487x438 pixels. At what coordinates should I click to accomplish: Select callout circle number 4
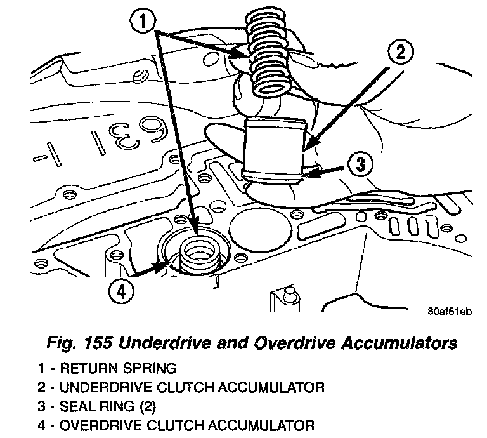point(122,291)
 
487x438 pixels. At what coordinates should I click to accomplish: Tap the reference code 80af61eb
point(450,311)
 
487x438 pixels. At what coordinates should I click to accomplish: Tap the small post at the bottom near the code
point(290,295)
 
